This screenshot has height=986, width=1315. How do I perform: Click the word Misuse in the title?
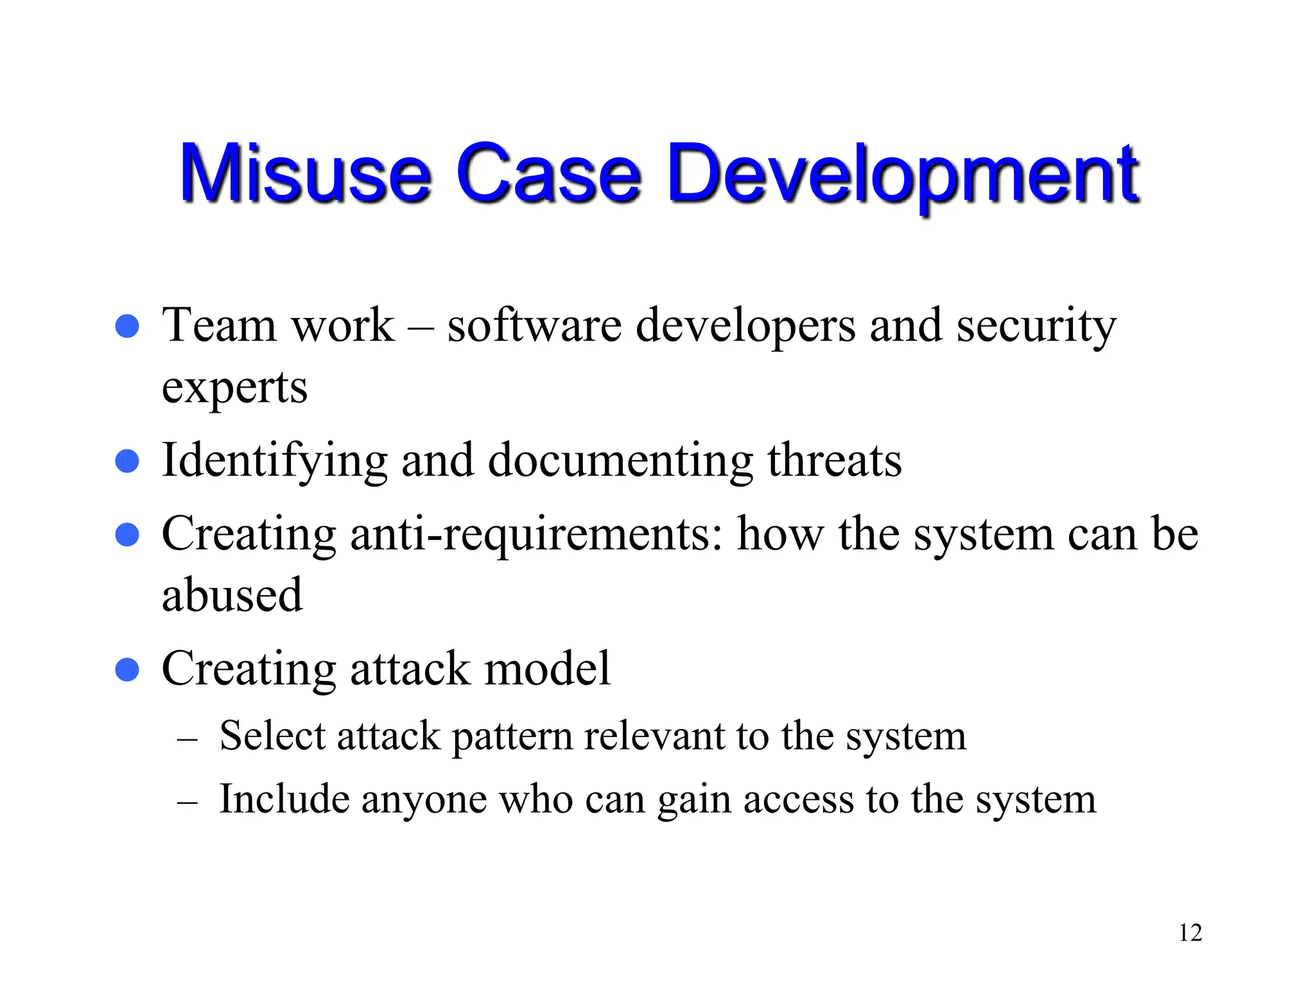click(306, 173)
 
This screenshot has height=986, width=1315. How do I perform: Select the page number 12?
click(1190, 933)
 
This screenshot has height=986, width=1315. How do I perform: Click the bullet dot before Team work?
click(127, 326)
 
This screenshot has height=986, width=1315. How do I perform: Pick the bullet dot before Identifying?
click(127, 461)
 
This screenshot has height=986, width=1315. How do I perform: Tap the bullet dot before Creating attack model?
click(127, 669)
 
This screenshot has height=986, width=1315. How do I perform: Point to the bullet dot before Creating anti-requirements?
click(127, 534)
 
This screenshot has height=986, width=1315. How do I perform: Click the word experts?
click(234, 388)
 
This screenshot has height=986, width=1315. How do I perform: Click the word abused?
click(232, 594)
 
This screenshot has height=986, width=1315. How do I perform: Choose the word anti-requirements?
click(537, 534)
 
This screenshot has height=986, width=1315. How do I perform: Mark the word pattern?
click(512, 737)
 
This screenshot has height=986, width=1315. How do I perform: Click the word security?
click(1036, 326)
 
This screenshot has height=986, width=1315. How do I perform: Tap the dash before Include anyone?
click(187, 802)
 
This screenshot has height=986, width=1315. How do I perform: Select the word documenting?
click(620, 461)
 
